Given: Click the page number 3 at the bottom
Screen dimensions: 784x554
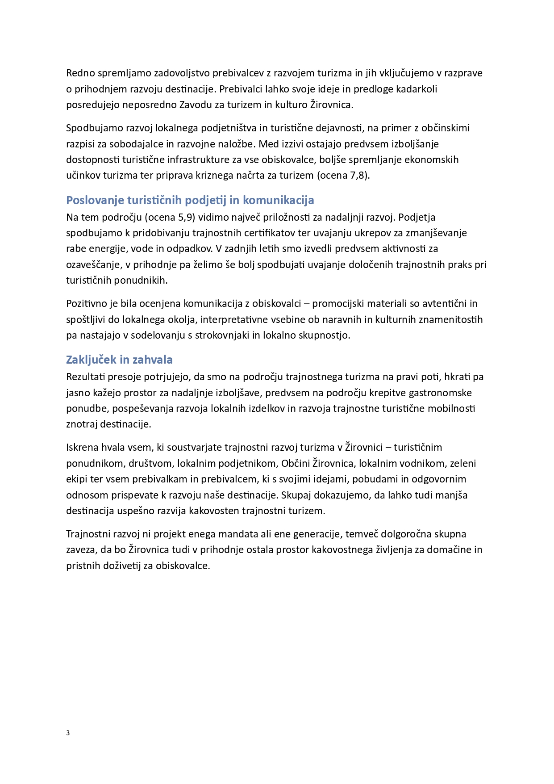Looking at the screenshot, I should coord(68,733).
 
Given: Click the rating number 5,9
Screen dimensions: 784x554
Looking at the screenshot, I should coord(185,217).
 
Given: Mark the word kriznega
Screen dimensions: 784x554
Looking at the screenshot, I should coord(214,175).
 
